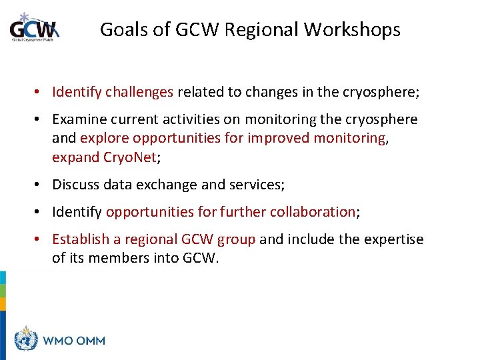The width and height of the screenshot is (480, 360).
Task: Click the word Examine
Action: (x=79, y=119)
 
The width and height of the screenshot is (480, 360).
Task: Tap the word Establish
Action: (x=79, y=239)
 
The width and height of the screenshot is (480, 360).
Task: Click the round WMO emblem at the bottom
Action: (x=27, y=340)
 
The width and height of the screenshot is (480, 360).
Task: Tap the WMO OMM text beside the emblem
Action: (x=74, y=341)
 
